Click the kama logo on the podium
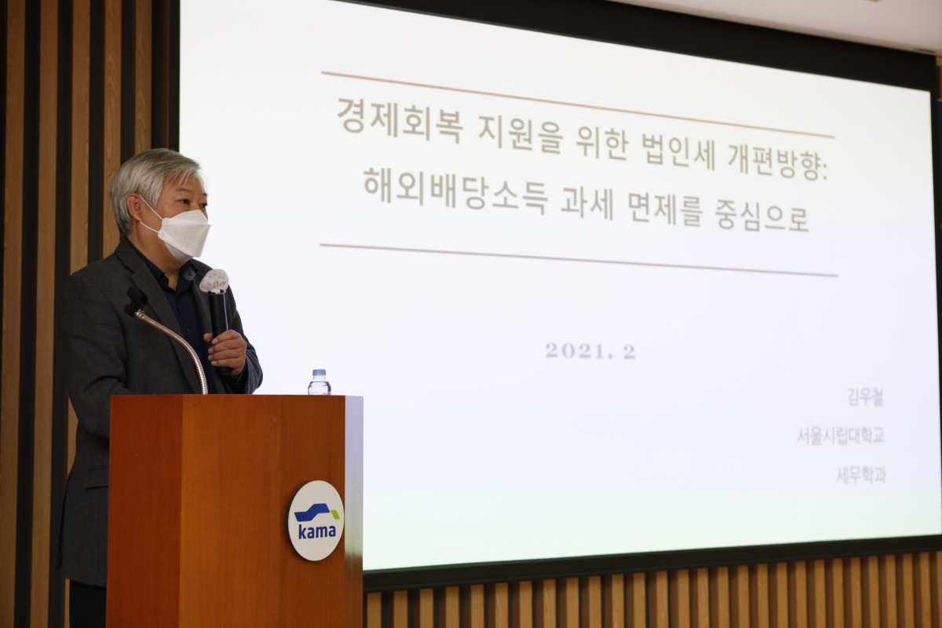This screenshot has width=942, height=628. coord(316,520)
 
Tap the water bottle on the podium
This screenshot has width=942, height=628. coord(319,382)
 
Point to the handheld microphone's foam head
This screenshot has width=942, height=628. coord(214,281)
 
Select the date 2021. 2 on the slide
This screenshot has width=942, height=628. coord(590,351)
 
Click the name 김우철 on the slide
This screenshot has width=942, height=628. coord(865,397)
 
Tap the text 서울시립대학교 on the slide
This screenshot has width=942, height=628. coord(840,436)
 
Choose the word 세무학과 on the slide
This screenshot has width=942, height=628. coord(860,475)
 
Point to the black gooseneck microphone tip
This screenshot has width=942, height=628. coord(135,300)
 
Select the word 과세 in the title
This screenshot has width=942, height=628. coord(586,203)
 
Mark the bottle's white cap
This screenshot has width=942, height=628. coord(319,373)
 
